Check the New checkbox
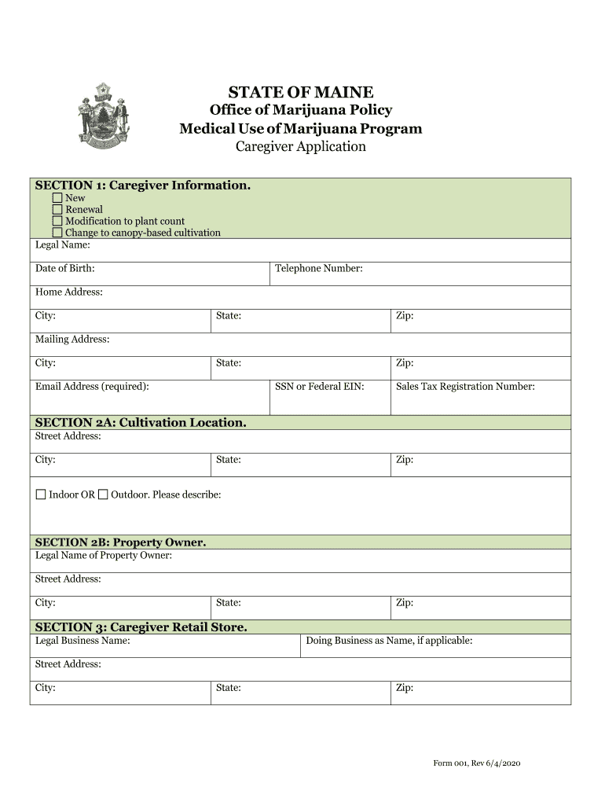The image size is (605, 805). pyautogui.click(x=57, y=198)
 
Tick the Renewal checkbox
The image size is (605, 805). pyautogui.click(x=57, y=210)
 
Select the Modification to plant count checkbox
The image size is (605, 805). pyautogui.click(x=57, y=222)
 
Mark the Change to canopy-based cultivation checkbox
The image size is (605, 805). pyautogui.click(x=57, y=233)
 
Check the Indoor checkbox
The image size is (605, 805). pyautogui.click(x=41, y=494)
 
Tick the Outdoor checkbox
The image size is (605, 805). pyautogui.click(x=103, y=494)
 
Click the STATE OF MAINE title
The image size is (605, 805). pyautogui.click(x=301, y=93)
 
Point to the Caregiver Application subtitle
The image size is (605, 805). pyautogui.click(x=301, y=147)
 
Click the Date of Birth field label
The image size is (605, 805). pyautogui.click(x=65, y=269)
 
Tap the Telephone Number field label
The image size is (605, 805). pyautogui.click(x=318, y=269)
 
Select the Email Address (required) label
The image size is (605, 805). pyautogui.click(x=92, y=387)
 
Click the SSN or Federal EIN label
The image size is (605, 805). pyautogui.click(x=319, y=387)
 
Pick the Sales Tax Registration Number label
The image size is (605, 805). pyautogui.click(x=465, y=387)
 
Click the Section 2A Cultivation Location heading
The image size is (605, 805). pyautogui.click(x=141, y=422)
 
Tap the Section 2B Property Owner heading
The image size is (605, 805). pyautogui.click(x=120, y=542)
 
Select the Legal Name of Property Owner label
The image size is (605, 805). pyautogui.click(x=104, y=556)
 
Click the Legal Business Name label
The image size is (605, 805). pyautogui.click(x=82, y=641)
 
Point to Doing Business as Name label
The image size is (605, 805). pyautogui.click(x=389, y=641)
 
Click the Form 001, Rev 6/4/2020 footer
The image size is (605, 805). pyautogui.click(x=477, y=763)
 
